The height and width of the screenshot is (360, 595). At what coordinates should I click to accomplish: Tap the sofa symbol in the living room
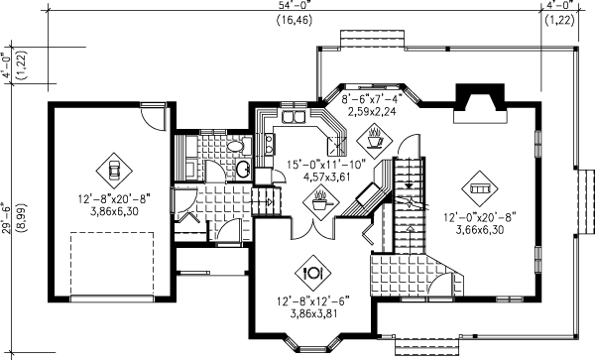(480, 183)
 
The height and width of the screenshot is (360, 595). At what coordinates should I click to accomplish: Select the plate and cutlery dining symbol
(312, 268)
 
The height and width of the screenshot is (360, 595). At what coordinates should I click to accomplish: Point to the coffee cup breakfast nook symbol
(375, 135)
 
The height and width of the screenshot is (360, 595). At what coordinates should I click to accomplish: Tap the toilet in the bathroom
(234, 147)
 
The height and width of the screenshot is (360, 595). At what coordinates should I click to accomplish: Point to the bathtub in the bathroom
(188, 157)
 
